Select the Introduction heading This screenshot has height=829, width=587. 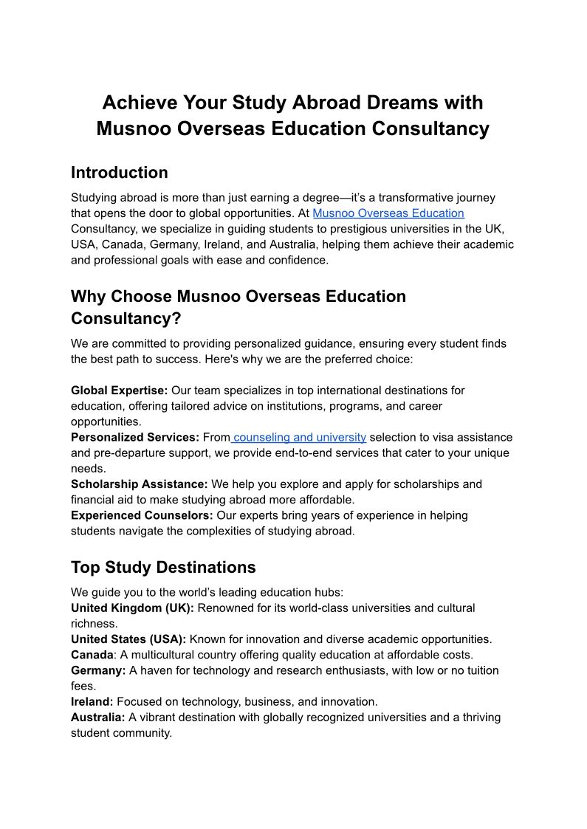click(120, 173)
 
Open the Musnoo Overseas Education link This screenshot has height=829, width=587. click(388, 213)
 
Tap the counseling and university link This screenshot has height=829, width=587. click(299, 437)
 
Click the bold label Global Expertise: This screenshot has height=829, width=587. click(120, 390)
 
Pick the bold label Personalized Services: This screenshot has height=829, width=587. click(135, 437)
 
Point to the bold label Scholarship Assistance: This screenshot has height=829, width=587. click(140, 484)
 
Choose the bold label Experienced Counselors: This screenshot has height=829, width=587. click(142, 515)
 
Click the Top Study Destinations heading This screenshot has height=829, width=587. click(163, 568)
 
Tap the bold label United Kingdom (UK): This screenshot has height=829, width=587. click(132, 608)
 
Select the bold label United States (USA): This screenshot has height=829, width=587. click(128, 639)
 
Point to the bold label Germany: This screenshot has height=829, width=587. click(98, 670)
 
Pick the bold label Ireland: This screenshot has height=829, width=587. click(92, 701)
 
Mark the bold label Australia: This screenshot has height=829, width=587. click(98, 718)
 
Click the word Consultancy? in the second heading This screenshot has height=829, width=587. click(126, 319)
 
